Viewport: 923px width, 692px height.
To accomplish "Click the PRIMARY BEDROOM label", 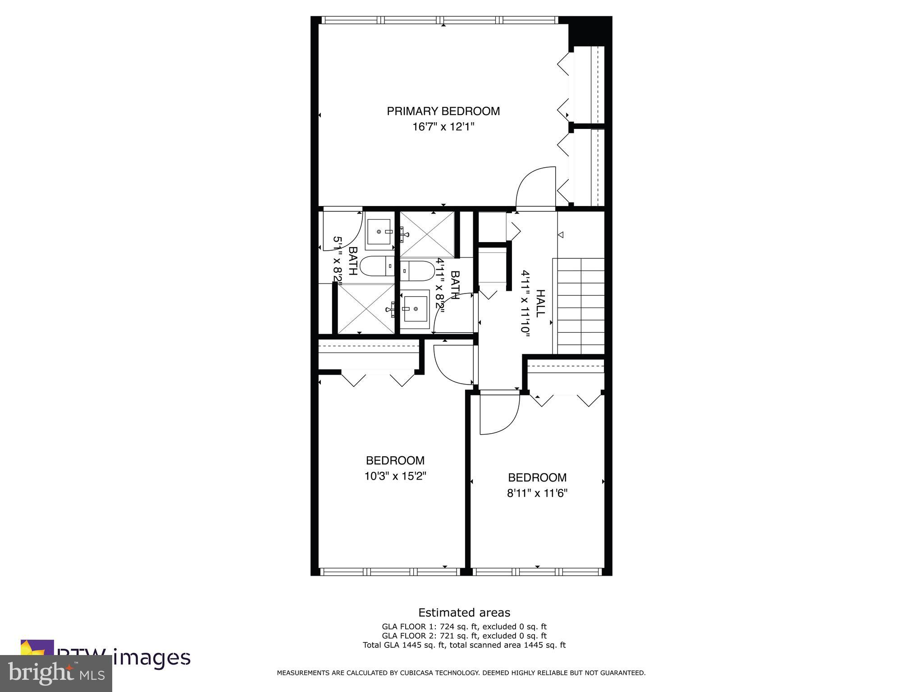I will tap(443, 111).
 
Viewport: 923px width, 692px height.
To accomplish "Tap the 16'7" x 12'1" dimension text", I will tap(443, 127).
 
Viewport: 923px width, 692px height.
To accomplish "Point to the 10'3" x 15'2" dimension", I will tap(395, 476).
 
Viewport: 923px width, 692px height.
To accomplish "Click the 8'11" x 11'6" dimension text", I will tap(537, 493).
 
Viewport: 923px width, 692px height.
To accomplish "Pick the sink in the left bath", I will tap(379, 232).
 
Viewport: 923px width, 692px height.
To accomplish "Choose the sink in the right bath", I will tap(415, 309).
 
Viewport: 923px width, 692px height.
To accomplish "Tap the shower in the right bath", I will tap(427, 234).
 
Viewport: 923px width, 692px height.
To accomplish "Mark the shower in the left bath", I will tap(365, 309).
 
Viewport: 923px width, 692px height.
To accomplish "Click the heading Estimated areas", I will tap(464, 613).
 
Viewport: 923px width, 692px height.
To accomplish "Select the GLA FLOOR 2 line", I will tap(464, 636).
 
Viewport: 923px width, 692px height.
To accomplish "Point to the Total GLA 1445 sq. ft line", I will tap(464, 645).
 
